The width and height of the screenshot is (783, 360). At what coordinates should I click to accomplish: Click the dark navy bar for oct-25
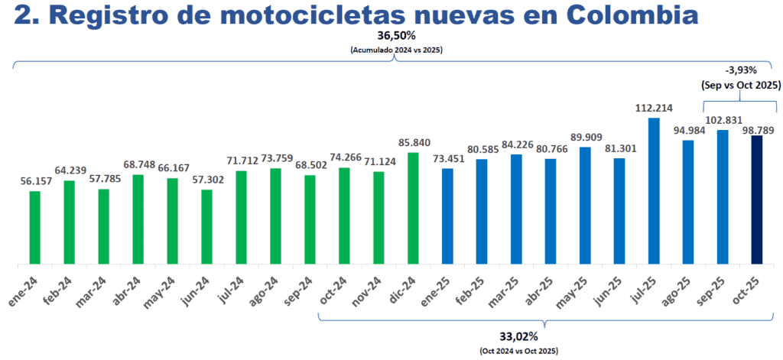(757, 201)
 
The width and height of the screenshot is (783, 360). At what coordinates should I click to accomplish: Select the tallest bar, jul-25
(654, 192)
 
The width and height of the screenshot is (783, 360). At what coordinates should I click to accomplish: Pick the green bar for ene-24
(34, 229)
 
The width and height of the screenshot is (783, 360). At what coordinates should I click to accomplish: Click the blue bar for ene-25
(447, 217)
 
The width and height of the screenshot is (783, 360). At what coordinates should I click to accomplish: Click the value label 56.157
(34, 181)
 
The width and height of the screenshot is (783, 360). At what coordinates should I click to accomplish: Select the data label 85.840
(413, 143)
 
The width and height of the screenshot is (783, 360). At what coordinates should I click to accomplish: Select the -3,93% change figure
(737, 70)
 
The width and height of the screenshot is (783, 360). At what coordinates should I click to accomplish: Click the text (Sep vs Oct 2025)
(737, 86)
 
